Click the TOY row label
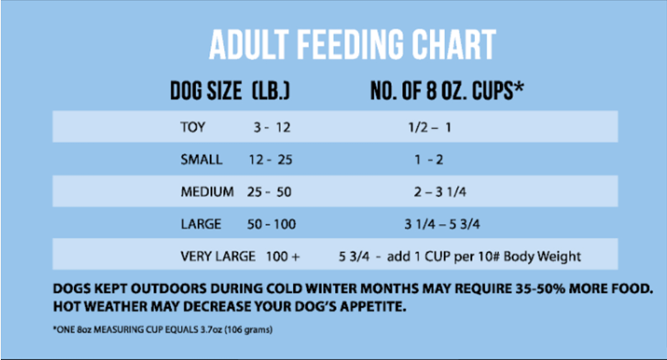(194, 129)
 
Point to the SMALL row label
(201, 160)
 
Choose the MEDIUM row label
(206, 192)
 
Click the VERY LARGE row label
(218, 256)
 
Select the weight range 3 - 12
(273, 129)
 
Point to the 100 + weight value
(282, 256)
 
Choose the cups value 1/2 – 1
(430, 129)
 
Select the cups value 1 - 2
(430, 160)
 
